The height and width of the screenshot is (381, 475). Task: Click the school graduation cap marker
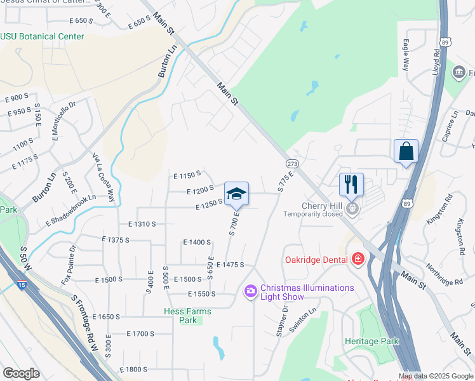coord(236,194)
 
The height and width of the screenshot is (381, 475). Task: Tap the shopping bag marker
coord(406,152)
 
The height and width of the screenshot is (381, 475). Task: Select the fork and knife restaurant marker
coord(351,185)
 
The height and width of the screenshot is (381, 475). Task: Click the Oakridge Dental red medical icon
coord(358,259)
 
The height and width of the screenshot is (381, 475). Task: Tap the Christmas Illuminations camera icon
coord(250,291)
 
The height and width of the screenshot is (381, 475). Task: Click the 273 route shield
coord(292,164)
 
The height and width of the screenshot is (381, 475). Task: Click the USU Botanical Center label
coord(42,36)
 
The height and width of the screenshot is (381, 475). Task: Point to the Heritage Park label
coord(371,341)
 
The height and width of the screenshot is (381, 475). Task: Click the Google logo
coord(21,373)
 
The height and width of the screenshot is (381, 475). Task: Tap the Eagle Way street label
coord(405,56)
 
